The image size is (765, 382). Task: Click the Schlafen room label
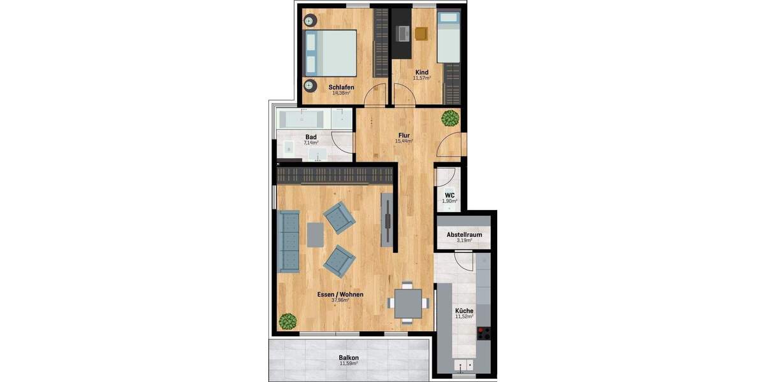341,87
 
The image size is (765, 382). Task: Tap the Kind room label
421,73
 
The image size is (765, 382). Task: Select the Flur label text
404,135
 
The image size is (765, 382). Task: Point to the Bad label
311,137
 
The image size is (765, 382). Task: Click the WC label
449,195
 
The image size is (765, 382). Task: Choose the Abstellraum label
464,234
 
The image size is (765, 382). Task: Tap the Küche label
464,310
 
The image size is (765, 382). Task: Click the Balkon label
349,358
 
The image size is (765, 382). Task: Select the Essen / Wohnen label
340,294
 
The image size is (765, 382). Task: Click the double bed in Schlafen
331,53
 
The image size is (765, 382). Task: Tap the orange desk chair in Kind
421,34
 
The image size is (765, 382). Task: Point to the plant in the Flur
451,118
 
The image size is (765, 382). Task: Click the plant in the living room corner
288,322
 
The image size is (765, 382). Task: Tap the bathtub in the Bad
303,118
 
